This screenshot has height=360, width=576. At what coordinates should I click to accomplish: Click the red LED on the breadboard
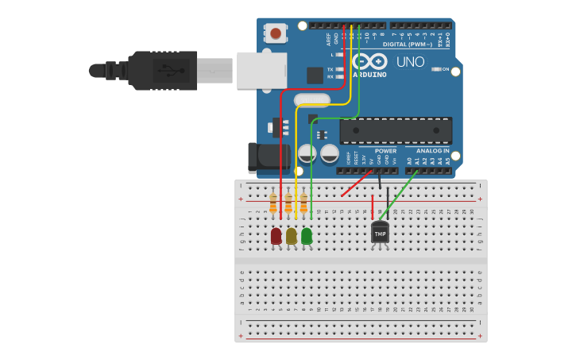(276, 236)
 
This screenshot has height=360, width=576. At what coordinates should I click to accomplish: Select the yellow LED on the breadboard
(292, 236)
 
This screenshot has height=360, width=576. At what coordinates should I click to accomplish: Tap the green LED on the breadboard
(307, 236)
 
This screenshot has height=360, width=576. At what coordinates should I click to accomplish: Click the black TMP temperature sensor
(380, 233)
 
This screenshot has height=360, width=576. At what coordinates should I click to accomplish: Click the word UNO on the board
(410, 62)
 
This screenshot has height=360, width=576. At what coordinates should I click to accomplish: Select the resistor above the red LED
(273, 203)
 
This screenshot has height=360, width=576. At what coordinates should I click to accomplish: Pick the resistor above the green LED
(303, 203)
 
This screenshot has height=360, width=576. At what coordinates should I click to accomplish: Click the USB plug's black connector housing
(162, 70)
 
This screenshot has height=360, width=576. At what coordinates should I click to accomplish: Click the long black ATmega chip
(396, 130)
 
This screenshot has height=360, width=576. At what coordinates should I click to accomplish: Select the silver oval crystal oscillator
(311, 100)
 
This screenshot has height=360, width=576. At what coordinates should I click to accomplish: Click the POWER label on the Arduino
(385, 150)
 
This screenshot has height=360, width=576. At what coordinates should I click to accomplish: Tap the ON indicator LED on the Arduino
(436, 69)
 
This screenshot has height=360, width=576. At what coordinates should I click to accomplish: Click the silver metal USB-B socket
(261, 70)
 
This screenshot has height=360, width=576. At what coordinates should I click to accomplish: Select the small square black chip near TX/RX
(315, 75)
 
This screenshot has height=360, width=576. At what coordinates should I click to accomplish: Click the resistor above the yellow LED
(288, 203)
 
